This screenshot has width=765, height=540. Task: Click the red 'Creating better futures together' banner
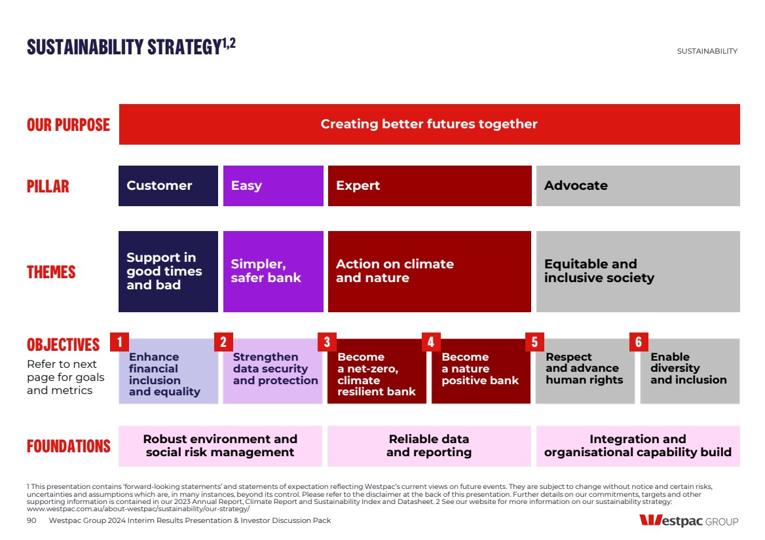(x=430, y=124)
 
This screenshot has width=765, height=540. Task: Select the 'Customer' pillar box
(x=168, y=186)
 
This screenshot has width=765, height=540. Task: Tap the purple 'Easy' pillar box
(x=273, y=186)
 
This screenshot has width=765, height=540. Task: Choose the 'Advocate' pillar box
(x=638, y=186)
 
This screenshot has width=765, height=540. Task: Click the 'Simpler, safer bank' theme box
(x=273, y=272)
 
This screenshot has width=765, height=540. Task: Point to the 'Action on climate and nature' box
(x=430, y=272)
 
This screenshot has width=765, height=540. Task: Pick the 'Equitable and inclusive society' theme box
(x=638, y=272)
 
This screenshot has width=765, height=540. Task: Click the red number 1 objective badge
(x=119, y=342)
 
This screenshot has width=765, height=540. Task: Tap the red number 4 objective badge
(x=431, y=342)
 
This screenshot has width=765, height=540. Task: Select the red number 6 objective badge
(x=639, y=342)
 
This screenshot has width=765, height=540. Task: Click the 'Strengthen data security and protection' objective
(x=272, y=371)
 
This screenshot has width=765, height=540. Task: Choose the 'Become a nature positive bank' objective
(x=481, y=371)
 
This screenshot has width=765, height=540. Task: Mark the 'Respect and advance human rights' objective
(x=585, y=371)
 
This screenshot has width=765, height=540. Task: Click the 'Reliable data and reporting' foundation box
(x=430, y=446)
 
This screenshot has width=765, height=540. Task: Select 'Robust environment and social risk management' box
(x=220, y=446)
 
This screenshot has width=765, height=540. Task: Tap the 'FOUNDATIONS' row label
(x=69, y=446)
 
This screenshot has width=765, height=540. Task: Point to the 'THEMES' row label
(x=51, y=272)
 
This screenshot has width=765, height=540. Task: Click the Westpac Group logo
(x=689, y=520)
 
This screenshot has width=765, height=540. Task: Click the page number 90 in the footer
(x=31, y=520)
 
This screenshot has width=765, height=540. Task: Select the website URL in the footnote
(x=138, y=509)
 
